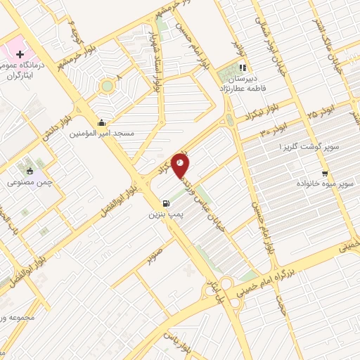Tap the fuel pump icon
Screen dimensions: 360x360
pos(165,200)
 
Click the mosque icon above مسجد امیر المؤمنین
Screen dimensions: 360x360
pos(103,122)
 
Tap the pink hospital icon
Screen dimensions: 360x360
pos(20,53)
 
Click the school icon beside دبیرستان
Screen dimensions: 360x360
pos(243,68)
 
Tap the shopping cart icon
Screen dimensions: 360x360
pos(324,173)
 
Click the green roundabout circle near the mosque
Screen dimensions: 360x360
pos(106,86)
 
